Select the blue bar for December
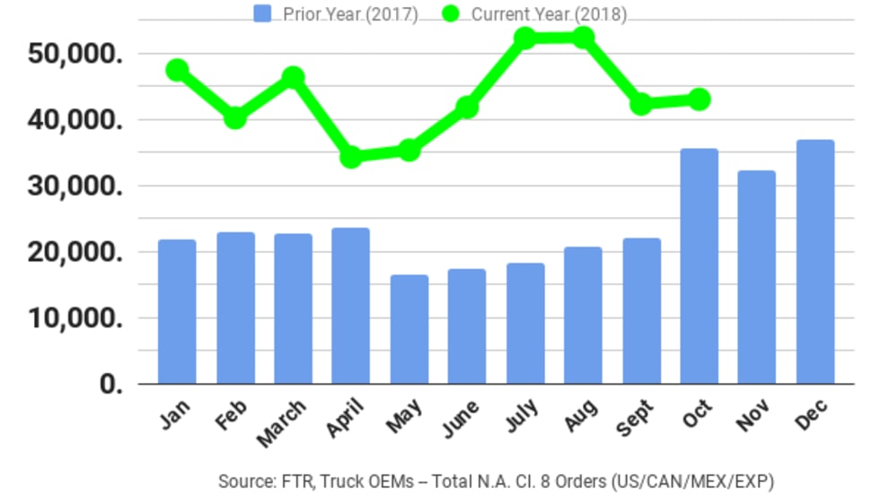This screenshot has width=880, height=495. (x=815, y=262)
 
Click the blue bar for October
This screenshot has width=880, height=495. (x=700, y=266)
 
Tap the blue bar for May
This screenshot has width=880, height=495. (x=409, y=329)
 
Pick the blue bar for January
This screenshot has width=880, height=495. (x=177, y=311)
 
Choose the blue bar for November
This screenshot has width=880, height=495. (x=757, y=277)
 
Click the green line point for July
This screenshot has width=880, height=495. (x=525, y=38)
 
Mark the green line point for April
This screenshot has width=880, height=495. (x=351, y=157)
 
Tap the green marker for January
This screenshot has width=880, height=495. (x=177, y=70)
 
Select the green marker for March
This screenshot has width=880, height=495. (x=293, y=77)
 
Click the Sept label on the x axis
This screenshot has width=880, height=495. (x=637, y=418)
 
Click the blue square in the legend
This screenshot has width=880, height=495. (x=262, y=13)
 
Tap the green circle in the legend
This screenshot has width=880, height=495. (x=451, y=13)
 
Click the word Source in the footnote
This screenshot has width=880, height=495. (x=243, y=481)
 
